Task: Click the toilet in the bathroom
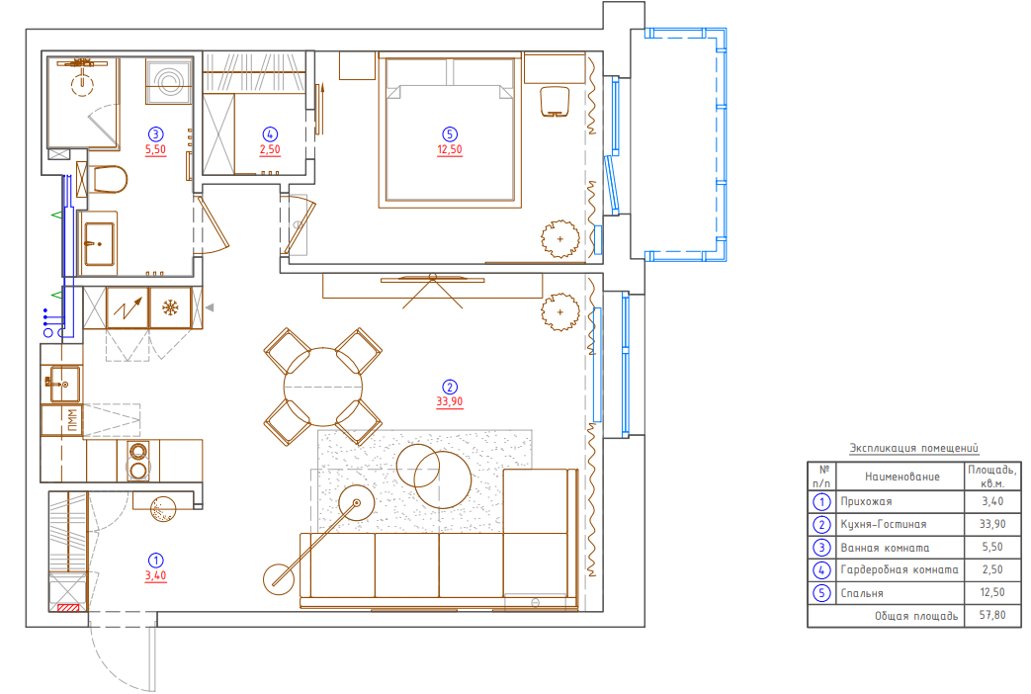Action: [107, 180]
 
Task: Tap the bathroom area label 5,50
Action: [156, 149]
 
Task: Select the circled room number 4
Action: [270, 134]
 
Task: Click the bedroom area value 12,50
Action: [450, 149]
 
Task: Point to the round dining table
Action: [323, 387]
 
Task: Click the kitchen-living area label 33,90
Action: [450, 401]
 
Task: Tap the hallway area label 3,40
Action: [156, 575]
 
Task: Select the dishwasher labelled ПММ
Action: [63, 420]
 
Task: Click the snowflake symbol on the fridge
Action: [171, 307]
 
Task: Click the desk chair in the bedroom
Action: [555, 102]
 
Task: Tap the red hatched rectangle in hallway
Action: [68, 608]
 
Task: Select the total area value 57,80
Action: [992, 615]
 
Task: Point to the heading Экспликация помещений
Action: [914, 449]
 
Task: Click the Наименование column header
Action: [902, 477]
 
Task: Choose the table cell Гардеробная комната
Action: [899, 570]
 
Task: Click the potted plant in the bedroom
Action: [560, 239]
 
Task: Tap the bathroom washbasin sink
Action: [99, 244]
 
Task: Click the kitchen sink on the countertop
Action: [64, 384]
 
